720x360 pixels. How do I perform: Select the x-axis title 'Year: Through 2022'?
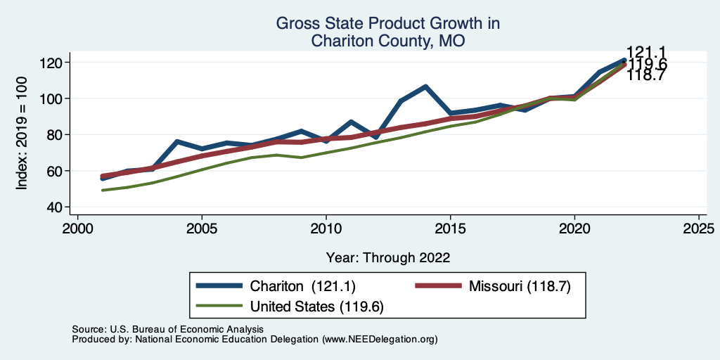(x=387, y=257)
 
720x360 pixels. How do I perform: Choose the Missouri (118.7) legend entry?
(x=515, y=286)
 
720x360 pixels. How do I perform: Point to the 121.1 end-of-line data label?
(x=646, y=53)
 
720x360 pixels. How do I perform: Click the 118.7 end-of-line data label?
(x=646, y=75)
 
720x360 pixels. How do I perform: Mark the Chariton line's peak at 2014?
(x=425, y=86)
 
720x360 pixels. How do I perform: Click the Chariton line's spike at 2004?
(x=177, y=142)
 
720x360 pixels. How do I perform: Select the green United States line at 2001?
(x=103, y=190)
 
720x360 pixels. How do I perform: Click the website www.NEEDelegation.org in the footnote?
(x=380, y=339)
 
